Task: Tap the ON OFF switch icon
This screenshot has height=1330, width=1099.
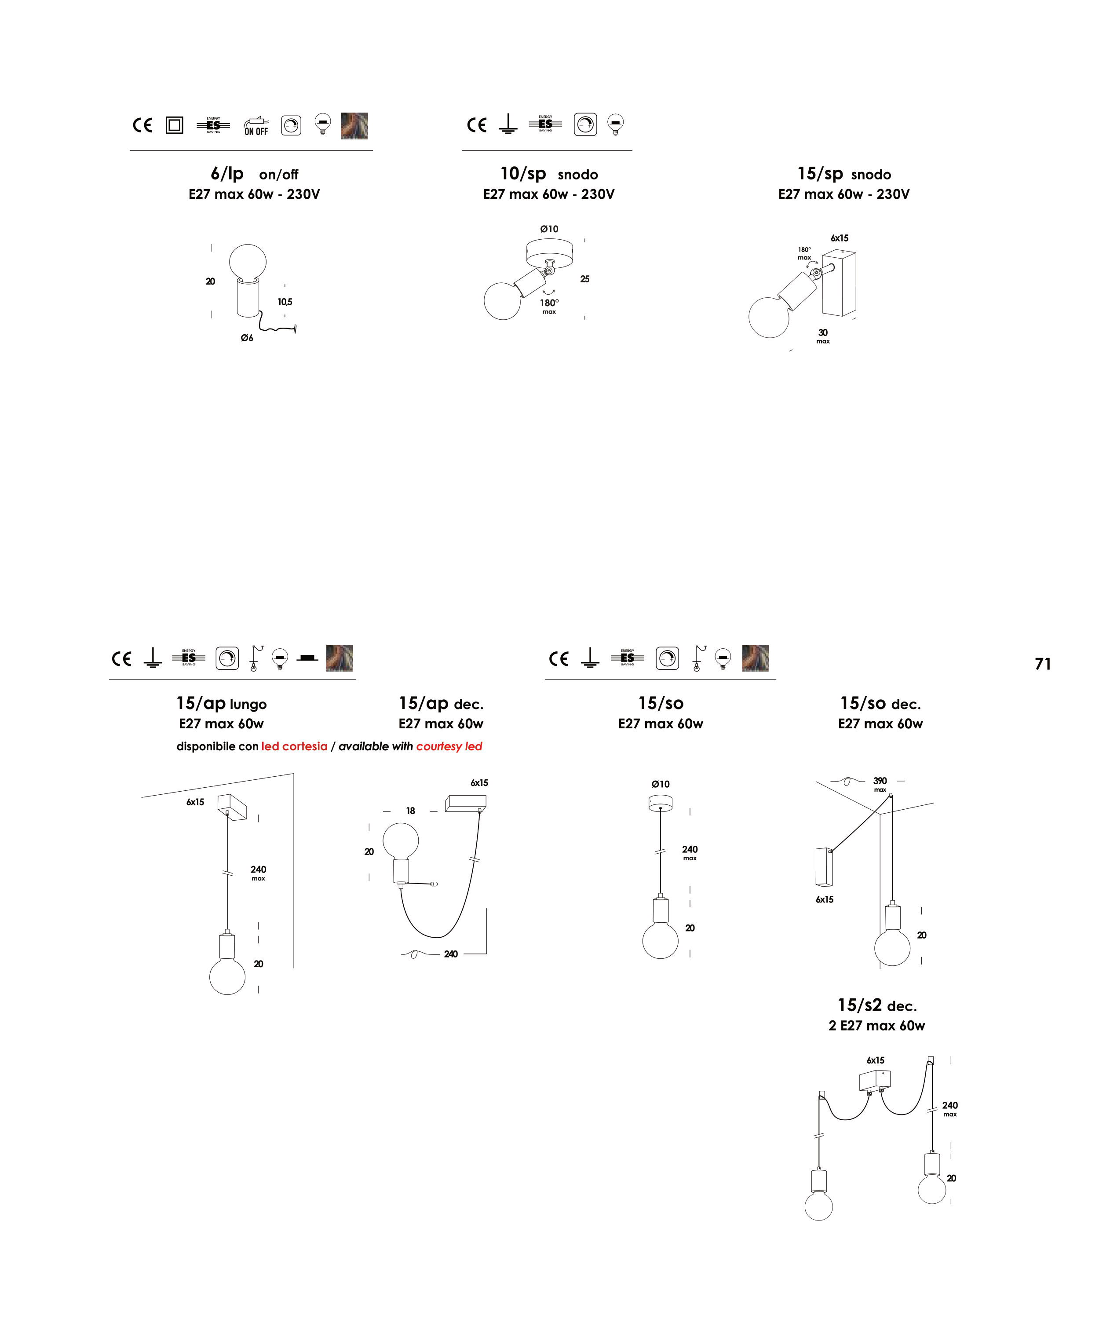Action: tap(256, 126)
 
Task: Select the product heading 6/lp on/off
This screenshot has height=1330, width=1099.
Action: tap(254, 173)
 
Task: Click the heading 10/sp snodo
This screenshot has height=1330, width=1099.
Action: tap(548, 173)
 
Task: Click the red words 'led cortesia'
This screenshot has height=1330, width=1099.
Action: tap(294, 746)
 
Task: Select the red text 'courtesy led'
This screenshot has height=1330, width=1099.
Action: tap(449, 746)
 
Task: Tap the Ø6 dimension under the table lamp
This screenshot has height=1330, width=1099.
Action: tap(247, 338)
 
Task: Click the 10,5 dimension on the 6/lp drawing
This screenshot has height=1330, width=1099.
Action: tap(285, 302)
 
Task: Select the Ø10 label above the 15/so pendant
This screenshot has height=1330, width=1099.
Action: tap(660, 784)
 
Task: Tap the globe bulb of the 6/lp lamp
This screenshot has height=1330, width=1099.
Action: tap(248, 261)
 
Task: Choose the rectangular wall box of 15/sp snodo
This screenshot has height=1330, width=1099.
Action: tap(840, 282)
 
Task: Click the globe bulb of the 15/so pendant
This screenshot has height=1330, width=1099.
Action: tap(660, 940)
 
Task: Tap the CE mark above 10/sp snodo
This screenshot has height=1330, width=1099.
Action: tap(477, 125)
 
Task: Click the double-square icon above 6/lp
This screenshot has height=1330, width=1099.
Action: tap(174, 125)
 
